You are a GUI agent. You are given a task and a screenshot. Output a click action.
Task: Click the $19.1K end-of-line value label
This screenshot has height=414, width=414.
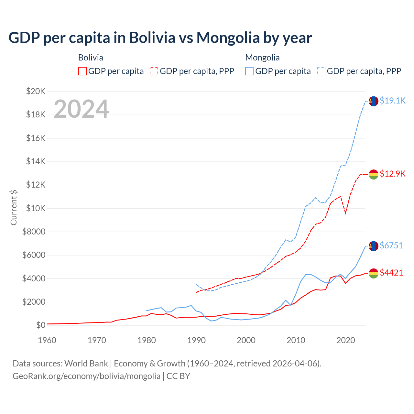click(x=392, y=101)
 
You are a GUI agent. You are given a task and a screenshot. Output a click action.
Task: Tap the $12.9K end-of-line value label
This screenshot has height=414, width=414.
click(x=392, y=174)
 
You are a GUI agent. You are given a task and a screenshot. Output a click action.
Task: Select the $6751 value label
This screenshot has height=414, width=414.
click(x=391, y=245)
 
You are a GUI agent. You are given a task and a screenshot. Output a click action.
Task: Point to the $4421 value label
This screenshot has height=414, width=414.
click(x=391, y=273)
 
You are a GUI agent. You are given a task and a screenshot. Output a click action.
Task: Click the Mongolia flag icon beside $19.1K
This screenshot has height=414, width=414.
click(x=374, y=101)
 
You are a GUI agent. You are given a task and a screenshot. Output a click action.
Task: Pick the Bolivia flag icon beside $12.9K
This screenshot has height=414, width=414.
click(x=374, y=174)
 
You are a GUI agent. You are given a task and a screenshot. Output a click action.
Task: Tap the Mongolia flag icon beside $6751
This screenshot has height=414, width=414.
click(x=374, y=246)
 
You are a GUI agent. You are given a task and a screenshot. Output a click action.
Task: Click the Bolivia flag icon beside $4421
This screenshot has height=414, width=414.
click(x=374, y=273)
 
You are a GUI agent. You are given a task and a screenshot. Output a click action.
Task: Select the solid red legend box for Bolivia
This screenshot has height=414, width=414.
click(x=82, y=71)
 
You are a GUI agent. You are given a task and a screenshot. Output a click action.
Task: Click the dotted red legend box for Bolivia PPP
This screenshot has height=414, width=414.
click(x=154, y=71)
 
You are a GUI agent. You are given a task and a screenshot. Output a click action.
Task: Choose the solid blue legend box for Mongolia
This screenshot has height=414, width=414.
click(x=249, y=71)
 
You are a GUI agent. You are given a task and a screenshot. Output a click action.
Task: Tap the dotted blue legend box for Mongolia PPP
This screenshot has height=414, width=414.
click(x=321, y=71)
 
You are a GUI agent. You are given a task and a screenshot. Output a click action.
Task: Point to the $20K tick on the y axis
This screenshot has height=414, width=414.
click(x=36, y=91)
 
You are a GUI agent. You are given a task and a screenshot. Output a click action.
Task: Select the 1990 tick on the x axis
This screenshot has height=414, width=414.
click(x=197, y=340)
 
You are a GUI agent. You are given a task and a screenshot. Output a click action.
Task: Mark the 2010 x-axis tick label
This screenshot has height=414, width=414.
click(x=296, y=340)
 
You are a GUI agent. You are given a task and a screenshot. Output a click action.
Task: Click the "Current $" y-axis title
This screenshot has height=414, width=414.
click(x=14, y=208)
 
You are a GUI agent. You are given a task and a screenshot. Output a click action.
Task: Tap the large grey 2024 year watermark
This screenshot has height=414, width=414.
click(x=81, y=109)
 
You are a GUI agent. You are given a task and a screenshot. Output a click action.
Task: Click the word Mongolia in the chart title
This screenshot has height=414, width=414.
click(x=228, y=38)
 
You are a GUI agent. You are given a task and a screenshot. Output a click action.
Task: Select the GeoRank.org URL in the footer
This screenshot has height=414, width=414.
click(x=86, y=376)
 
